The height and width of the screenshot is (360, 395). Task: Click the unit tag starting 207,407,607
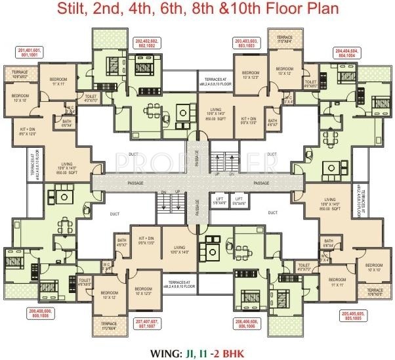(149, 323)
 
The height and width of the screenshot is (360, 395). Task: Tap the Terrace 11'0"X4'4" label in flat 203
(284, 39)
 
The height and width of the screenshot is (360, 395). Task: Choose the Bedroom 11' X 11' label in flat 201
(60, 83)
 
